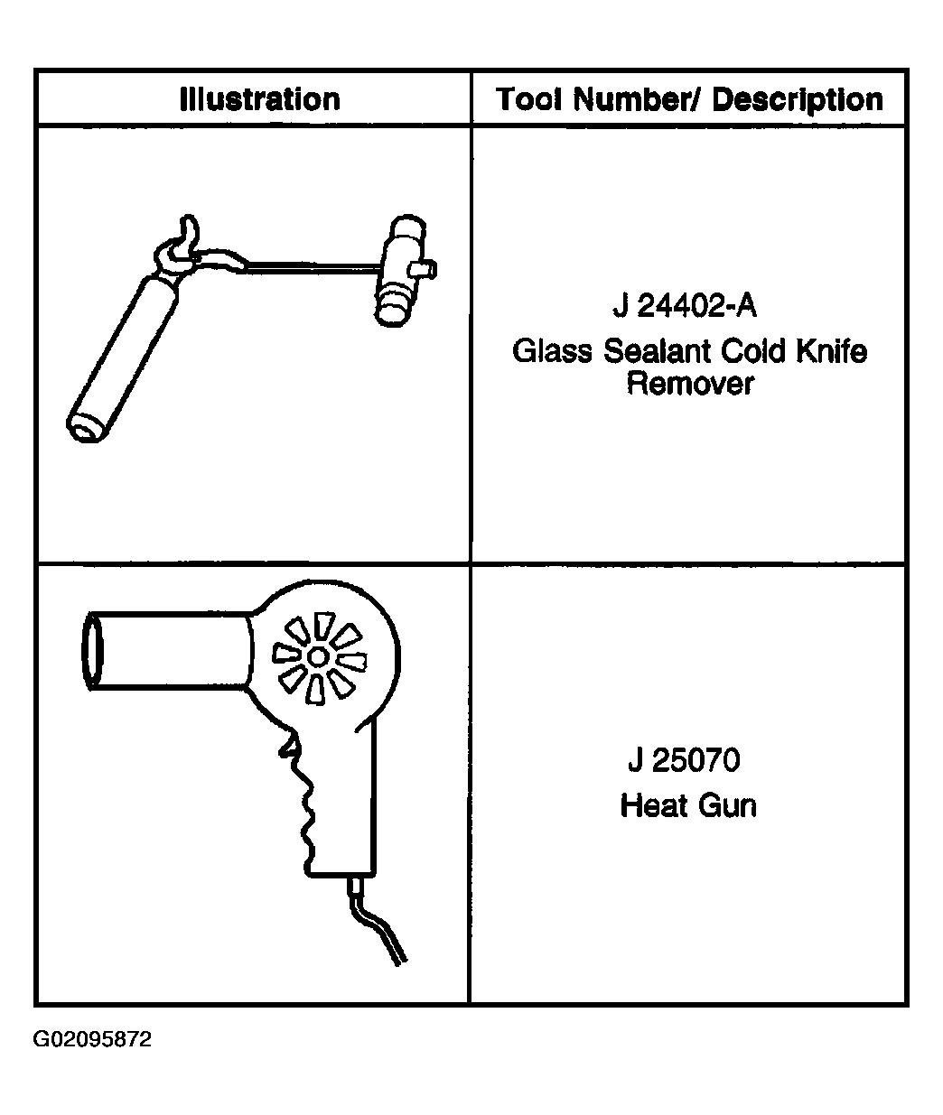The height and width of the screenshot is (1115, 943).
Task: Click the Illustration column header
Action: (x=259, y=99)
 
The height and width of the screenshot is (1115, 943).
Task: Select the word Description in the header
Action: (x=798, y=100)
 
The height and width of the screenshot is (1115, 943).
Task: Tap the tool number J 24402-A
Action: (x=685, y=306)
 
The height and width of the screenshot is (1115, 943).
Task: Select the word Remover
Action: (x=690, y=385)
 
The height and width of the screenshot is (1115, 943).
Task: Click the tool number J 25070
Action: (x=684, y=761)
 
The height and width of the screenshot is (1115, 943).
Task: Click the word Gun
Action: (x=727, y=806)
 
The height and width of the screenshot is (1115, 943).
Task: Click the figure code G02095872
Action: (x=92, y=1039)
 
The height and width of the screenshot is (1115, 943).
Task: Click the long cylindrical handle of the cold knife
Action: (x=122, y=358)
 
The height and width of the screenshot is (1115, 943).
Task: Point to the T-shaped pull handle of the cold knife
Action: (x=403, y=271)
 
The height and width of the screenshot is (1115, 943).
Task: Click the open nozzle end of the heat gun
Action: (x=92, y=651)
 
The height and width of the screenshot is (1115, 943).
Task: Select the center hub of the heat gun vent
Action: (x=318, y=657)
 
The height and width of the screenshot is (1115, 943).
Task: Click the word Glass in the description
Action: (x=552, y=351)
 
